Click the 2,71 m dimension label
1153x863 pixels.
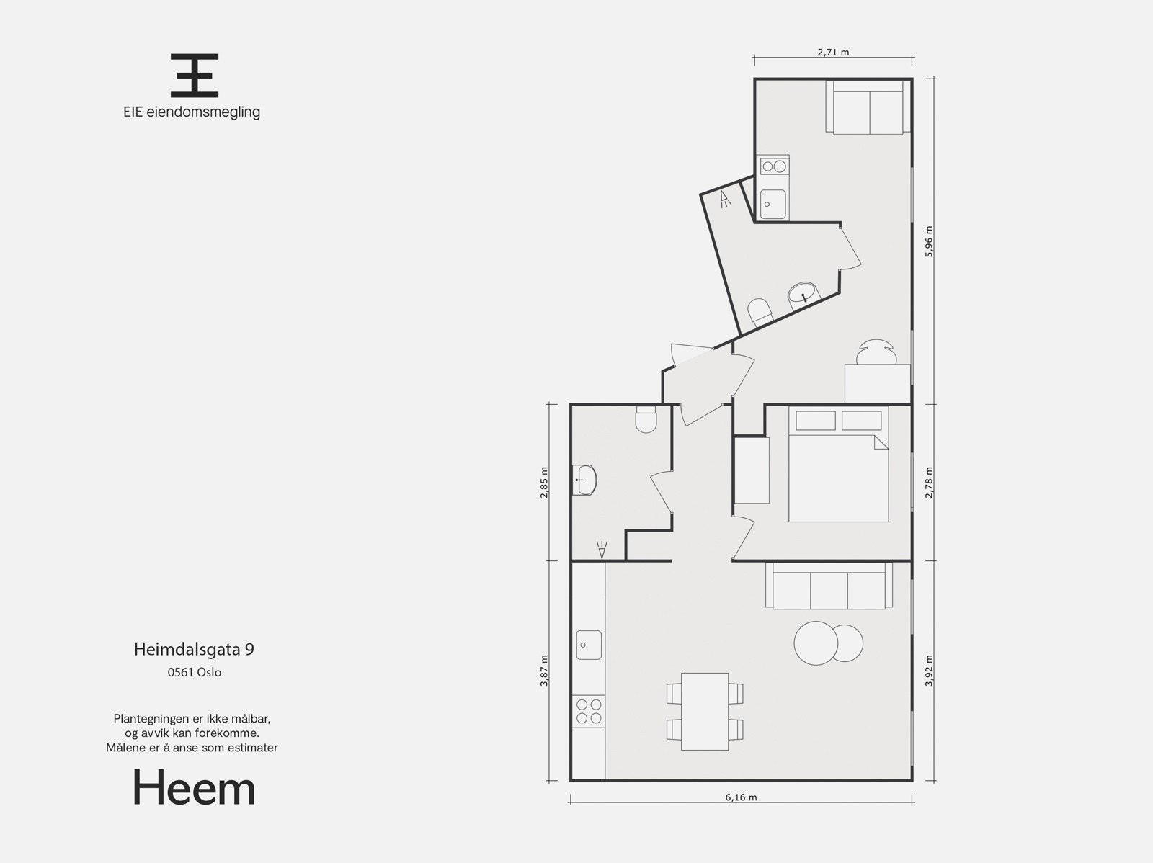[833, 52]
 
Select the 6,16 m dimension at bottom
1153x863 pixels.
[741, 797]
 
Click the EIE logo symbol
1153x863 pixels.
[194, 76]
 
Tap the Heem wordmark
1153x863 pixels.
[194, 789]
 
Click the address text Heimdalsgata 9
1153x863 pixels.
[194, 649]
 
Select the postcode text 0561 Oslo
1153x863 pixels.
[194, 673]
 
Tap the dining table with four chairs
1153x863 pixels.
[705, 711]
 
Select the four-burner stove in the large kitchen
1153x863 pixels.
[588, 711]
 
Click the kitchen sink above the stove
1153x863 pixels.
[589, 645]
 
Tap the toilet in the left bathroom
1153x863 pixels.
[645, 419]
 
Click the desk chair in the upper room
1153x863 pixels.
[876, 352]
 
